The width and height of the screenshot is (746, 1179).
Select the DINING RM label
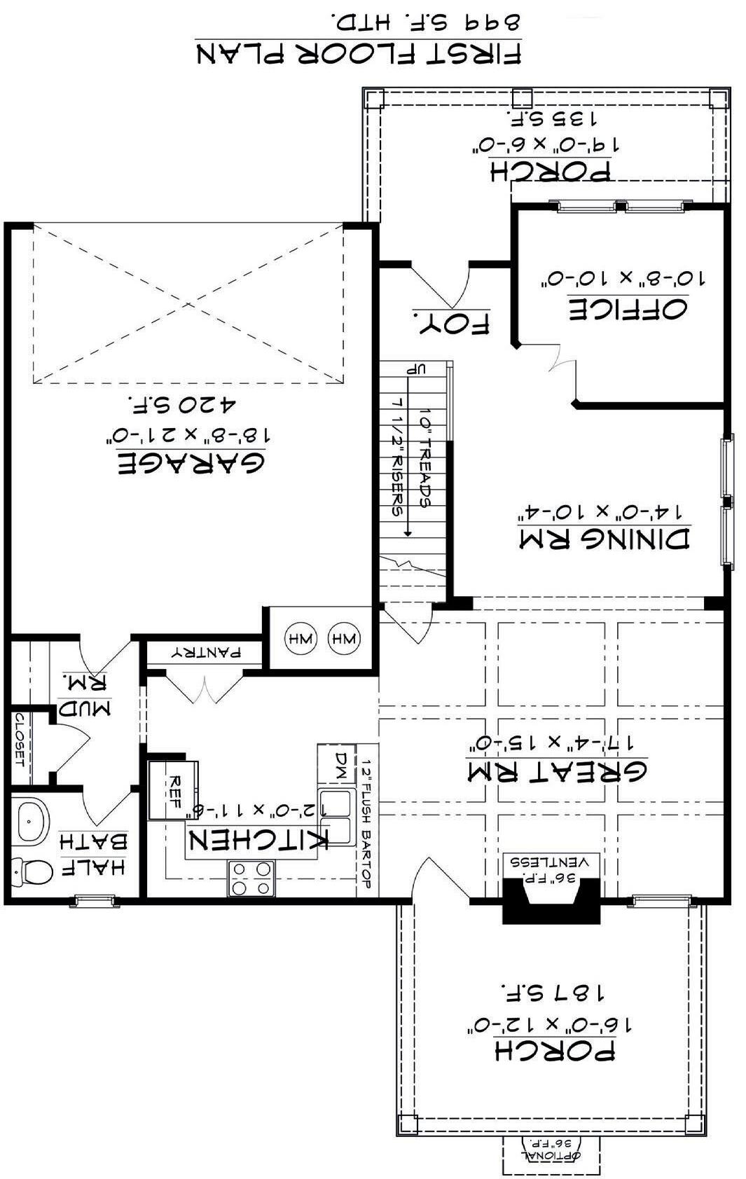click(x=605, y=539)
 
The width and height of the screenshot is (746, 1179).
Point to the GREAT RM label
click(x=557, y=771)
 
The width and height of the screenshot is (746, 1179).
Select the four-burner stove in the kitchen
click(x=251, y=878)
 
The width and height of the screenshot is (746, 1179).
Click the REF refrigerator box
click(x=173, y=790)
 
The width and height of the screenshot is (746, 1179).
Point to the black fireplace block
click(x=551, y=901)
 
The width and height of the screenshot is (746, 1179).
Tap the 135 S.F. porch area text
click(x=552, y=118)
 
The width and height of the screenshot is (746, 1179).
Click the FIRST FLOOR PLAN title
click(x=359, y=53)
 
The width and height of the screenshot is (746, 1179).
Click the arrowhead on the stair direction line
click(x=407, y=533)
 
